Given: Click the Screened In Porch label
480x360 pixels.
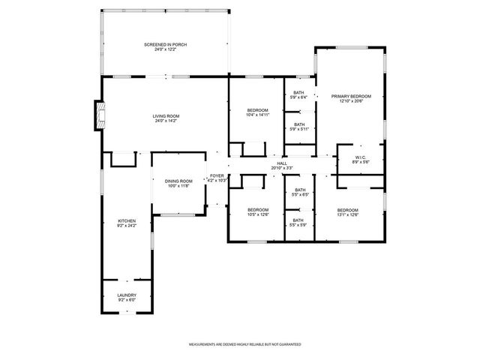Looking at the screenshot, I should [x=165, y=45].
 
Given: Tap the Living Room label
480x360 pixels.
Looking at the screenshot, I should [x=166, y=115].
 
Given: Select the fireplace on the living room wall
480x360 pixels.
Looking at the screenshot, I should [x=97, y=115].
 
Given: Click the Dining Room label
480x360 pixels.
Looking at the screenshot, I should [x=178, y=181].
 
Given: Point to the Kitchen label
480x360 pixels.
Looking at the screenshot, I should [x=126, y=220].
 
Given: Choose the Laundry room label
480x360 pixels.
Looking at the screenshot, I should [x=126, y=295].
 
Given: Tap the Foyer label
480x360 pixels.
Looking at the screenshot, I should [x=217, y=176].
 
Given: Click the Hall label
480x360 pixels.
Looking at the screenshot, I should [x=281, y=163].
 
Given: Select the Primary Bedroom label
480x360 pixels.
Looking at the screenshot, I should [x=350, y=97].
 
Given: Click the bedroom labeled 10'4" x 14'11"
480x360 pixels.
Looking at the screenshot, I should [x=256, y=110].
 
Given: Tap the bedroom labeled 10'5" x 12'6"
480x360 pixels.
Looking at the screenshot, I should [x=257, y=209].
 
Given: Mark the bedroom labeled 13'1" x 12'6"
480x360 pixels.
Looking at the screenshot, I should [x=347, y=209].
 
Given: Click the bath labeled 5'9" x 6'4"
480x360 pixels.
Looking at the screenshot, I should [x=298, y=93].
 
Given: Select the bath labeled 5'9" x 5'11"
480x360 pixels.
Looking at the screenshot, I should [x=298, y=124].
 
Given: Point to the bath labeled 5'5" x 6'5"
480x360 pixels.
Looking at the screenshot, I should [x=299, y=190].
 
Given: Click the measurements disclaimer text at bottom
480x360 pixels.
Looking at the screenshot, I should [x=245, y=344].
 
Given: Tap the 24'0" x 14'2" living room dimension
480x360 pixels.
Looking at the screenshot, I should [x=166, y=120].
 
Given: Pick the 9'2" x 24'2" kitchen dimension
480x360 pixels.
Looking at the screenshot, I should [x=126, y=225].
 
